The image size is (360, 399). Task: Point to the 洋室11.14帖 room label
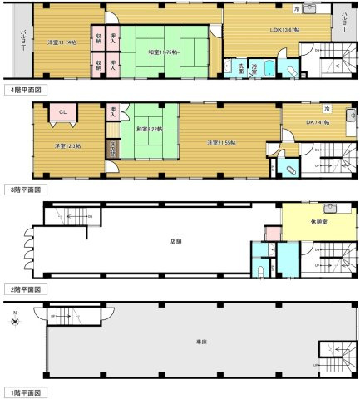pos(60,42)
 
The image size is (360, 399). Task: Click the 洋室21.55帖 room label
pos(221,143)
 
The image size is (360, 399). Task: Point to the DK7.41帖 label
pos(316,122)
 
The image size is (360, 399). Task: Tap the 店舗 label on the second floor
pos(175,243)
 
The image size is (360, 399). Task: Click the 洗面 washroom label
pos(240,69)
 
